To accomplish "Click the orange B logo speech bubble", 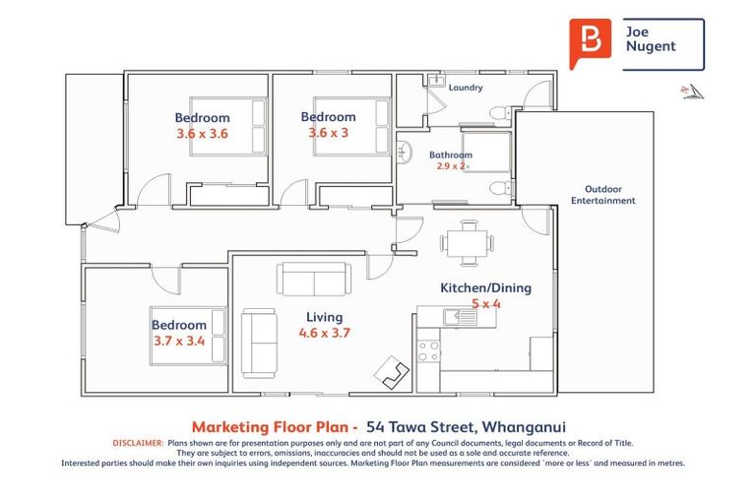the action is tap(590, 42).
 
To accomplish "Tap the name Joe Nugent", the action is tap(651, 39).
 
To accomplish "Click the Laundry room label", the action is tap(466, 88).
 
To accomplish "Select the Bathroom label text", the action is tap(451, 155).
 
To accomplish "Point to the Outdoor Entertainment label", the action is tap(603, 195).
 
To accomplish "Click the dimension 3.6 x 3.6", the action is tap(202, 134).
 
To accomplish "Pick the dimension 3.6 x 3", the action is tap(329, 132).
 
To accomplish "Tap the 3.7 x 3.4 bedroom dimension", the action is tap(179, 341).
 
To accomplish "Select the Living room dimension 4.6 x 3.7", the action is tap(325, 333).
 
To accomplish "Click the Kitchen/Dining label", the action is tap(486, 288).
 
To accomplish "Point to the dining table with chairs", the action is tap(467, 243).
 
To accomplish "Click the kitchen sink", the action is tap(460, 317).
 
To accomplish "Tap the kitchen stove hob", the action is tap(428, 350).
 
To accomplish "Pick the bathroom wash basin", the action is tap(404, 153).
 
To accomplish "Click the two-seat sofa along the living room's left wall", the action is tap(260, 343).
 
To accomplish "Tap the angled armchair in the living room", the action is tap(392, 372).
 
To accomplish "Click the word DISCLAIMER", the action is tap(139, 443).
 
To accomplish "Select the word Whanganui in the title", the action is tap(524, 427).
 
